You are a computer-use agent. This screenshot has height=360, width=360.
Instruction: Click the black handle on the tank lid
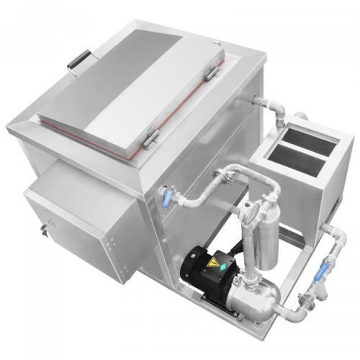tap(78, 59)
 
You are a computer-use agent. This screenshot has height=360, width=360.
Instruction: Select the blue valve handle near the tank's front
tap(167, 197)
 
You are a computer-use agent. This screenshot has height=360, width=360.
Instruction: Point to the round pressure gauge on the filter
tap(248, 211)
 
